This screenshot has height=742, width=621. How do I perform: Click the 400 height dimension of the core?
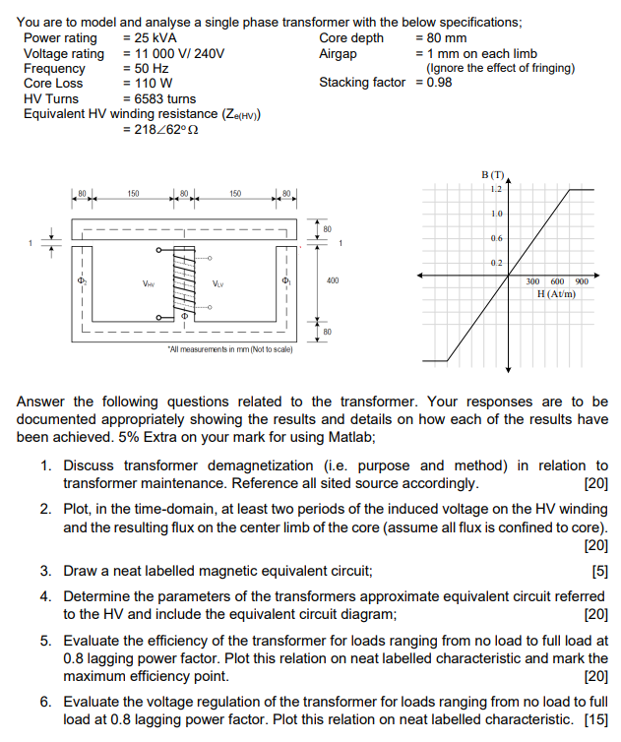333,280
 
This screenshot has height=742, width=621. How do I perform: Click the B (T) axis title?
492,174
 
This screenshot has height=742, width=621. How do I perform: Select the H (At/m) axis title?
556,293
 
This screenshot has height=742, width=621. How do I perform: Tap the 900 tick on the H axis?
582,281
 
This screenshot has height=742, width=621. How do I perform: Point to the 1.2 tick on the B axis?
496,188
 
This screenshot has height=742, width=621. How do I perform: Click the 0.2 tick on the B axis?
496,262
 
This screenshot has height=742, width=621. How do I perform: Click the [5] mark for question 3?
599,571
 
